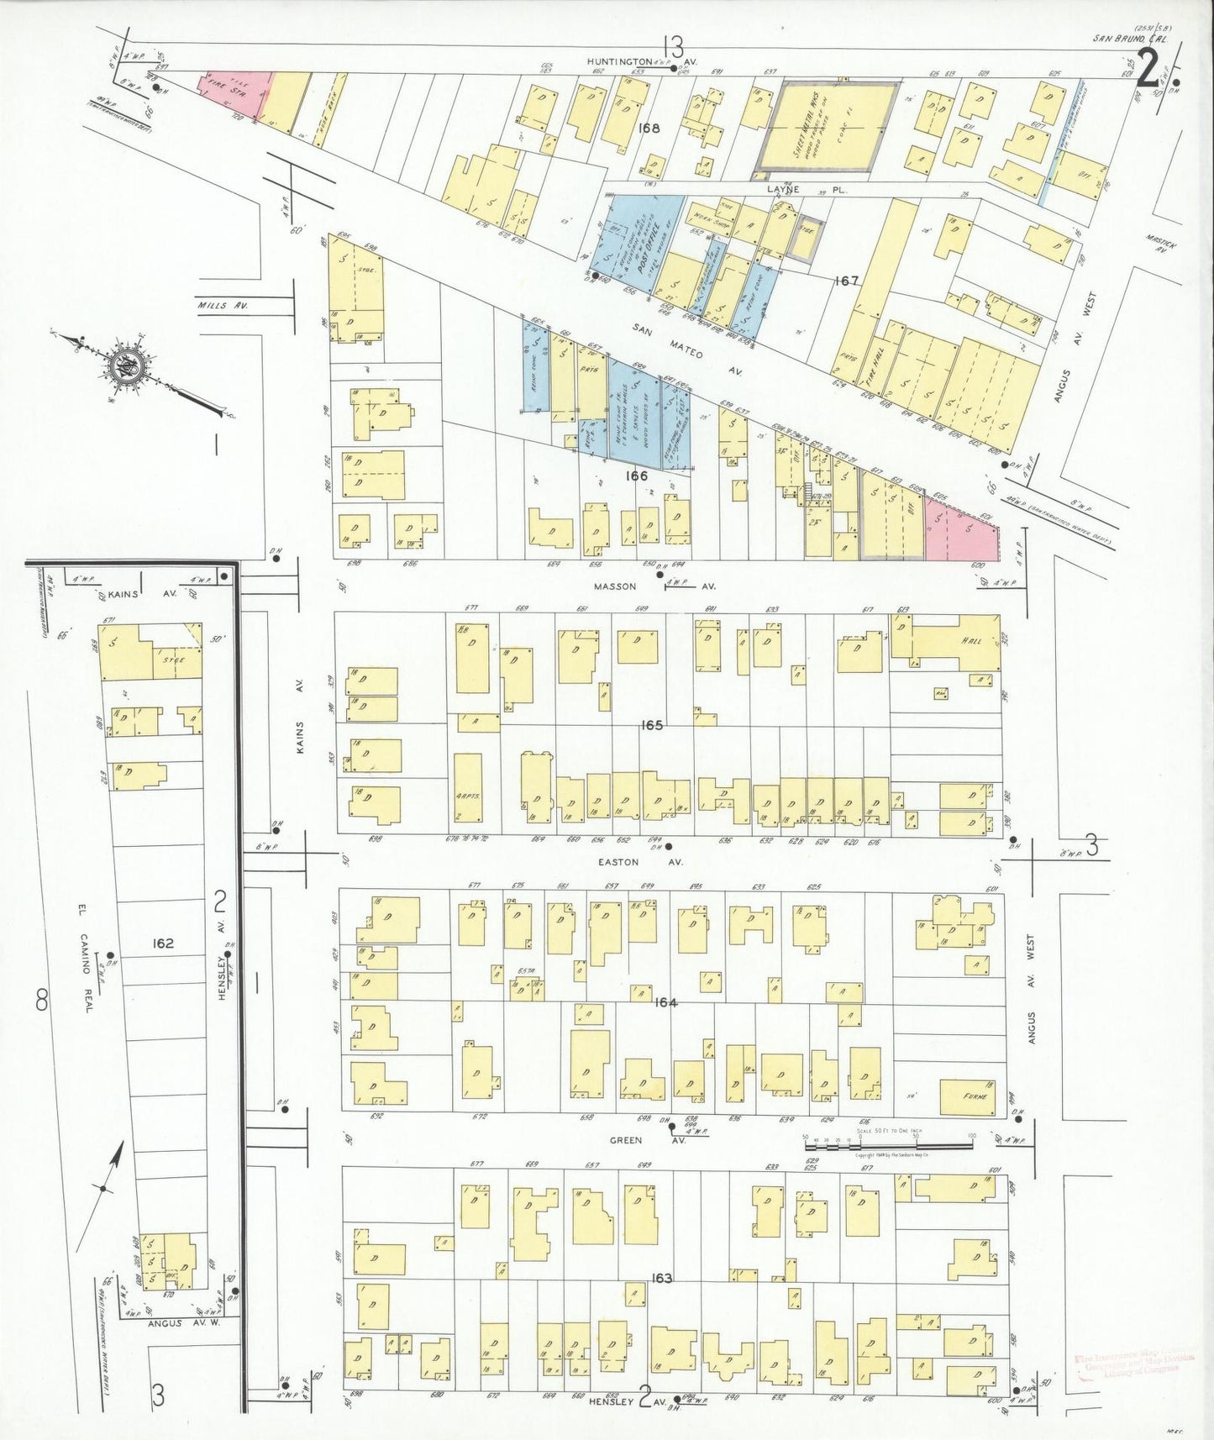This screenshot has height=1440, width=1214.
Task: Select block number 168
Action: (x=649, y=129)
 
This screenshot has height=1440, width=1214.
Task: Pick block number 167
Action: (x=846, y=281)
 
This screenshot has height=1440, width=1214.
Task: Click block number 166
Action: (x=636, y=476)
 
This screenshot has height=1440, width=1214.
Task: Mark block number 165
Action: (x=651, y=724)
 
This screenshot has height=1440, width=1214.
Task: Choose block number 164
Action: (x=665, y=1002)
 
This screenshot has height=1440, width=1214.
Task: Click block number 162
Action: (x=162, y=943)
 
